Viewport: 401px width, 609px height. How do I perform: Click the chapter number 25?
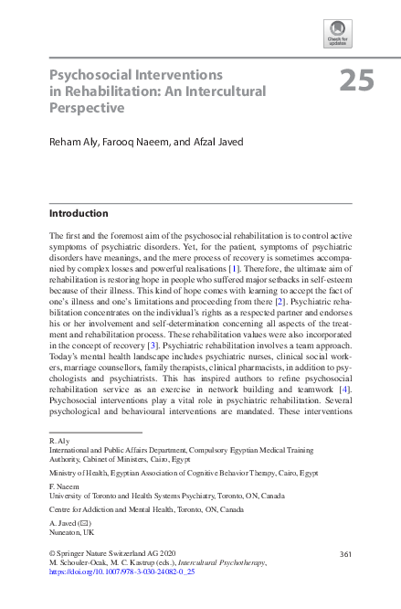(357, 81)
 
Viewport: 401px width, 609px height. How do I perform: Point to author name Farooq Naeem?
(142, 143)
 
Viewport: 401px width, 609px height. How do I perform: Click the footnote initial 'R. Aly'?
(58, 441)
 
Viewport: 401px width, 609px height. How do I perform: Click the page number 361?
(345, 554)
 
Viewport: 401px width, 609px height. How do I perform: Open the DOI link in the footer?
(121, 573)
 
